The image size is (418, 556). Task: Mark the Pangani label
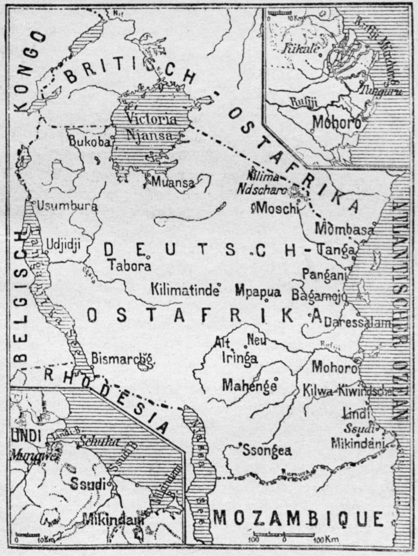(324, 274)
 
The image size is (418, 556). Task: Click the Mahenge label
(249, 384)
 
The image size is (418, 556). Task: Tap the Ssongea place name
(267, 451)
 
